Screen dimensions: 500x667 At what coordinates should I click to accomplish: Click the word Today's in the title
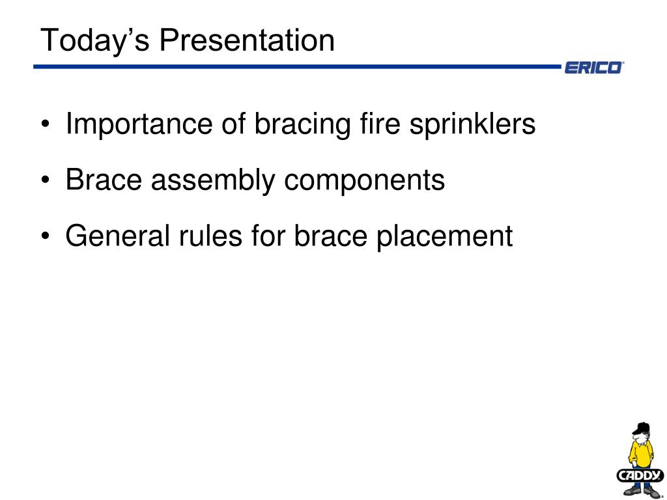95,40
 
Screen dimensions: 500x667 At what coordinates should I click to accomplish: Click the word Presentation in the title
247,40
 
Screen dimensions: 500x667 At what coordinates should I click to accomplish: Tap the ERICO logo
593,67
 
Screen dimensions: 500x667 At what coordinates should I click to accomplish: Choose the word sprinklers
472,124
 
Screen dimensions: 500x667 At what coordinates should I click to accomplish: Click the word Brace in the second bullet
104,180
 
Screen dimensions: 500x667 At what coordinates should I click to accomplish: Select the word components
365,180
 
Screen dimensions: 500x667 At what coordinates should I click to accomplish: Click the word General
114,236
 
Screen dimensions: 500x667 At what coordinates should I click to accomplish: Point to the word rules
201,236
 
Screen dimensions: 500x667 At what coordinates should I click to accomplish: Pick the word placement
443,236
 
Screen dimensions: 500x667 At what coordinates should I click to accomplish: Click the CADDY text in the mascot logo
640,475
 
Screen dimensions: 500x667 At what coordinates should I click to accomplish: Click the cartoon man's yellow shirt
641,452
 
